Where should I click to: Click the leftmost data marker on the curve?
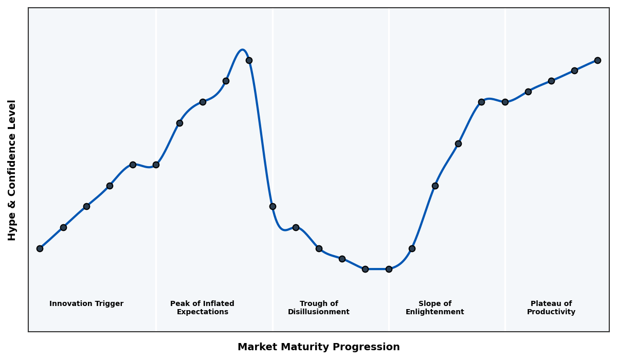tap(40, 248)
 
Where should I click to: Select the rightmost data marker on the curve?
tap(597, 60)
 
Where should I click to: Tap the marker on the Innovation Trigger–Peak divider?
tap(156, 165)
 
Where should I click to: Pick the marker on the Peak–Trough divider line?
tap(273, 206)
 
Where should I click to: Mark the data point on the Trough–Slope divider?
tap(389, 269)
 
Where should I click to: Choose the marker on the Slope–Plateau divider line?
tap(505, 102)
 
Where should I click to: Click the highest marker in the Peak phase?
tap(249, 60)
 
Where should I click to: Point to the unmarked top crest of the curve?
tap(243, 50)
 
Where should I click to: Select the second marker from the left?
tap(63, 227)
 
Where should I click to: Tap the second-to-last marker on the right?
tap(574, 70)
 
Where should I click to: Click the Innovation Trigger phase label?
tap(86, 304)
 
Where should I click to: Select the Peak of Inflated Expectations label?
tap(202, 308)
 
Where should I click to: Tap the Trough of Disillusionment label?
tap(319, 308)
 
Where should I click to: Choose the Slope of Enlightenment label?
tap(435, 308)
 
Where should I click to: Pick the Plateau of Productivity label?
tap(551, 308)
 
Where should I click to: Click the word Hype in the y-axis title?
tap(12, 227)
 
